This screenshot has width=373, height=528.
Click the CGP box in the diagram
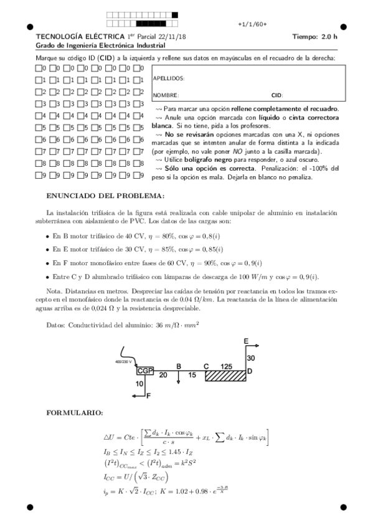point(145,371)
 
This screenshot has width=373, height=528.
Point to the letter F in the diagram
point(148,403)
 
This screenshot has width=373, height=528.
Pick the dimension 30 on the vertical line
point(251,359)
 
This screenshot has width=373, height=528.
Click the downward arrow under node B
point(179,379)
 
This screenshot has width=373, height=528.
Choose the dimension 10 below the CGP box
point(139,384)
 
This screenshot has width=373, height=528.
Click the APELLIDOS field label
point(169,79)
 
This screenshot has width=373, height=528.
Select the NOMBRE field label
point(166,95)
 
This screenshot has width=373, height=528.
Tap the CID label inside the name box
point(277,95)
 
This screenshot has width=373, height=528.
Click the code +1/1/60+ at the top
point(252,24)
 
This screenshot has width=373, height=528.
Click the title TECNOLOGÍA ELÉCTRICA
point(72,36)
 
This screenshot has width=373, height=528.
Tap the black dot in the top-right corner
point(343,27)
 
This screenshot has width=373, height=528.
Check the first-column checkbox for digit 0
point(39,68)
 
